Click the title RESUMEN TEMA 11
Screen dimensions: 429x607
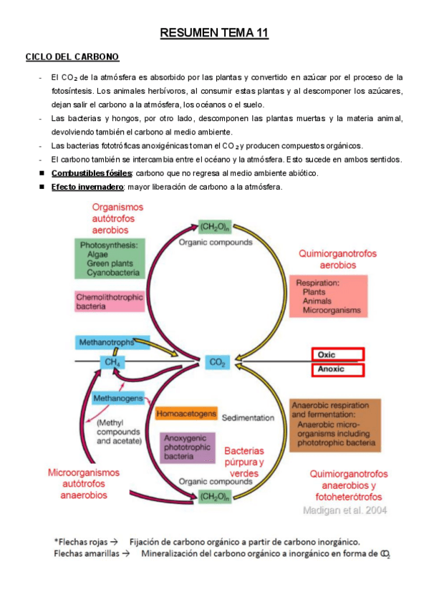pyautogui.click(x=214, y=33)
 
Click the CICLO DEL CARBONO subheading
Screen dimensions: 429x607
pyautogui.click(x=72, y=57)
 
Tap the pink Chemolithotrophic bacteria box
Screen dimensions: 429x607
pyautogui.click(x=110, y=301)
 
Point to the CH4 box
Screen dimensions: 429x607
pyautogui.click(x=112, y=363)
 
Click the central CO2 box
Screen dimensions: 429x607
pyautogui.click(x=217, y=363)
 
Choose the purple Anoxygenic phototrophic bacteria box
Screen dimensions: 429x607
pyautogui.click(x=187, y=447)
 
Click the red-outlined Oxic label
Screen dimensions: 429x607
pyautogui.click(x=338, y=354)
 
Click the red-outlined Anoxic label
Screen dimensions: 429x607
pyautogui.click(x=338, y=370)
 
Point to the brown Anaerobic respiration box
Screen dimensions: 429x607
pyautogui.click(x=334, y=424)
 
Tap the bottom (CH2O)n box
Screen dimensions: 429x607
pyautogui.click(x=215, y=496)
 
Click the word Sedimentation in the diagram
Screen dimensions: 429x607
pyautogui.click(x=248, y=417)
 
